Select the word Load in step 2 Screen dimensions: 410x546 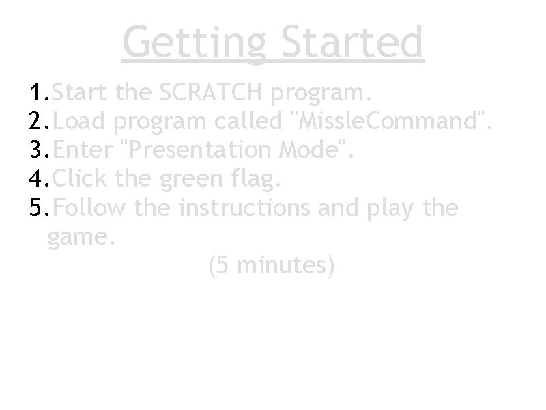[x=79, y=121]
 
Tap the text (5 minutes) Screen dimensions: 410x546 [x=270, y=266]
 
